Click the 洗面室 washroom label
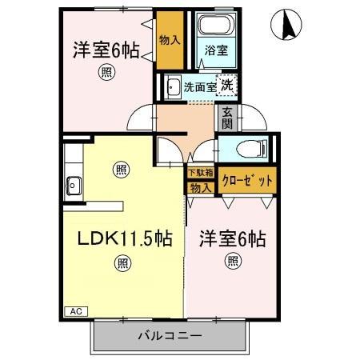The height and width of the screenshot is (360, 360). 199,87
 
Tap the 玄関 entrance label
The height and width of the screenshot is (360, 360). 227,118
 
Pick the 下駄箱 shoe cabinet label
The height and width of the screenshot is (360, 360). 200,172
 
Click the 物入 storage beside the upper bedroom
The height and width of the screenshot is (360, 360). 168,40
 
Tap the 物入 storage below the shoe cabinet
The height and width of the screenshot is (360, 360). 200,188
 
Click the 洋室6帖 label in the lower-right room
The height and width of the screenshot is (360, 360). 232,238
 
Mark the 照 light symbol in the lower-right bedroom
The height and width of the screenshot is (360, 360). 232,260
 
